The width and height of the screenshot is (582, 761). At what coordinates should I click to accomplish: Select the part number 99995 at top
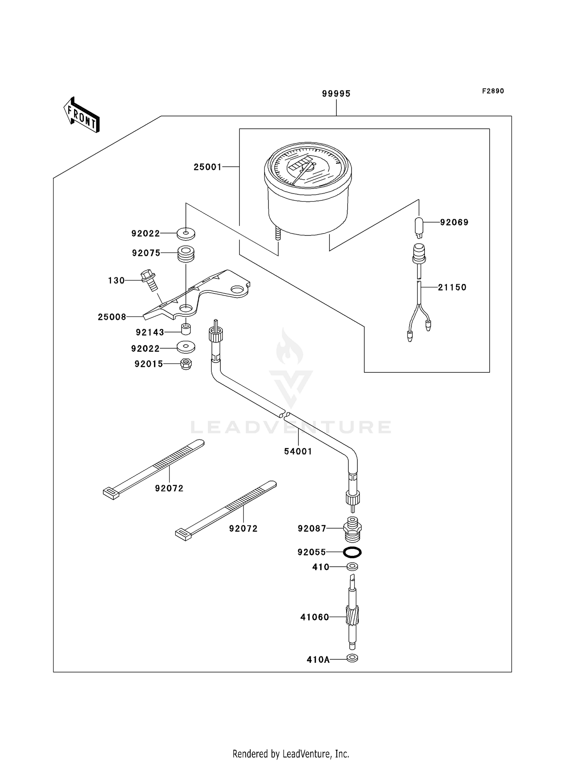336,93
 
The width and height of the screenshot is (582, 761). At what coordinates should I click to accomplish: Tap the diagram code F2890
493,91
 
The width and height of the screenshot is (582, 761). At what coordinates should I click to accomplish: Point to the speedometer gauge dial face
308,169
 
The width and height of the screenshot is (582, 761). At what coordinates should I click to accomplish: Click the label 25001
208,167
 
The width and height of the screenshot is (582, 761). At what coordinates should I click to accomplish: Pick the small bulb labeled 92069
419,227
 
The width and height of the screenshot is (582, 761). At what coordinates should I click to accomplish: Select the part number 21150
452,287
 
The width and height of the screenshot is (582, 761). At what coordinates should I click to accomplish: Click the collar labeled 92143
186,329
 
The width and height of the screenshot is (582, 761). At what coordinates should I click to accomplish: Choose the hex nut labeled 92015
186,364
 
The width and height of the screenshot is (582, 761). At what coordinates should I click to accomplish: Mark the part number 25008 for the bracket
112,317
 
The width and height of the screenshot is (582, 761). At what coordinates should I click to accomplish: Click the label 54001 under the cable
298,451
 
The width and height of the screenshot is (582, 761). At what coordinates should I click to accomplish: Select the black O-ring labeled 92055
352,552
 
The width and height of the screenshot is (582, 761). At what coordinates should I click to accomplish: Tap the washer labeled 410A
352,658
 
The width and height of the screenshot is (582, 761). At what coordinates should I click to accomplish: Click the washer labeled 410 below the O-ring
352,567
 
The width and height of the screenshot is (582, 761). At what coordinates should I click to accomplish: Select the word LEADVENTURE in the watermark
291,427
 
